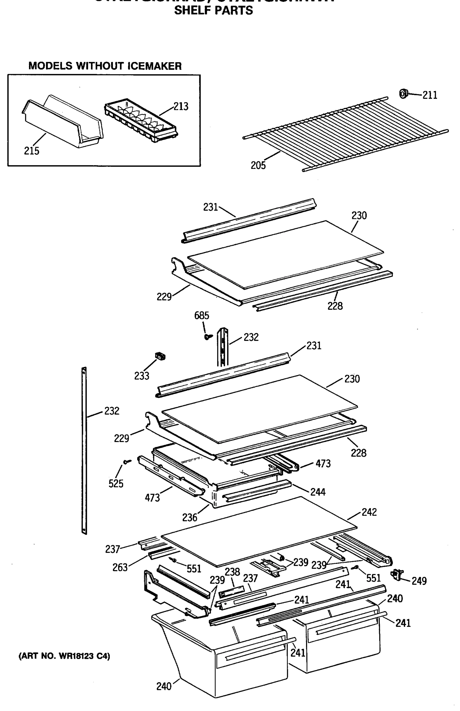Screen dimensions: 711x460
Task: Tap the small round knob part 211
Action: coord(403,94)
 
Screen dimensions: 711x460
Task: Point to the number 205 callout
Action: coord(258,165)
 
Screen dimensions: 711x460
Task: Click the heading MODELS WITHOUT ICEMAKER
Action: coord(105,66)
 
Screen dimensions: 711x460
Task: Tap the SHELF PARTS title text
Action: coord(213,10)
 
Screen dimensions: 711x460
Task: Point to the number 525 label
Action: coord(116,483)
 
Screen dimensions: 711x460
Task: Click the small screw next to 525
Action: coord(127,462)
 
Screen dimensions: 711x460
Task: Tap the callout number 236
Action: coord(190,518)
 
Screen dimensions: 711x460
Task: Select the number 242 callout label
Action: coord(369,512)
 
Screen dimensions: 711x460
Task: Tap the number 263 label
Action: coord(120,567)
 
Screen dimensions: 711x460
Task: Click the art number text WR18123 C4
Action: coord(64,656)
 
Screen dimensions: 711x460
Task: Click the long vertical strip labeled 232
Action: coord(84,448)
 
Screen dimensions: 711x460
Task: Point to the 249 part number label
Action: coord(419,581)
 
